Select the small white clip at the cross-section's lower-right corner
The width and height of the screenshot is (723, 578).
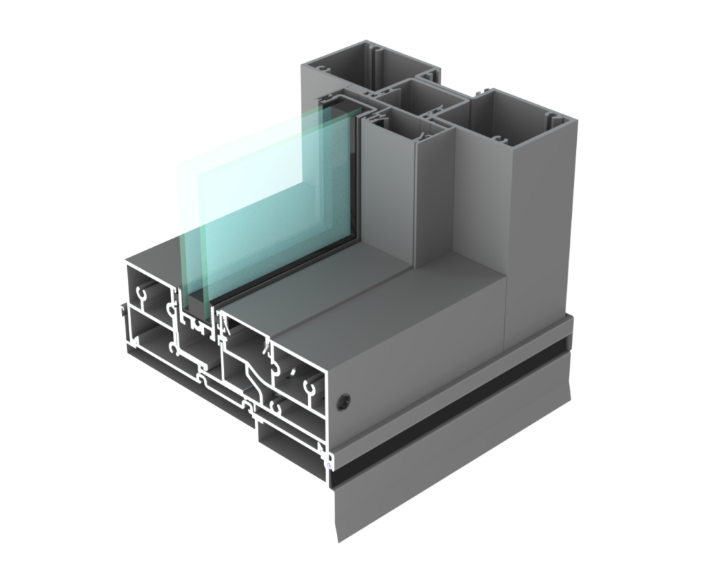[x=329, y=465]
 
